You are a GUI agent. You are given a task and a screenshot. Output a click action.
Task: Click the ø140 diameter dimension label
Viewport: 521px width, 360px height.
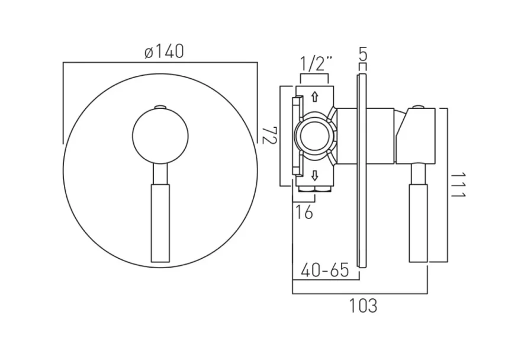click(163, 52)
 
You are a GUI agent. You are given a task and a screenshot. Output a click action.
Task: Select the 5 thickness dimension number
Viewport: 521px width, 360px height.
click(363, 55)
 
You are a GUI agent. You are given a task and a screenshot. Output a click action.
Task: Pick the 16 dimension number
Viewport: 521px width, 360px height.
click(304, 212)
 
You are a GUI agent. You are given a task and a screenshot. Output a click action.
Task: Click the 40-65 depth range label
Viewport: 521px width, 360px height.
click(324, 271)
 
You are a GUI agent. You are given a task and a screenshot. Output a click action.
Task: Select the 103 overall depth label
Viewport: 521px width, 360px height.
click(362, 306)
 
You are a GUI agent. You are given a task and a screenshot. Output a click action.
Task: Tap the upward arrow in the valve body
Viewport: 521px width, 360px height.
click(315, 96)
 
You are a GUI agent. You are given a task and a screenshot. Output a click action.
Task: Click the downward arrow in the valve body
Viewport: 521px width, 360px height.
click(315, 175)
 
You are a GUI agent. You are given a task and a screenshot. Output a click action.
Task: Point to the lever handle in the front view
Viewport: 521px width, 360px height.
click(160, 222)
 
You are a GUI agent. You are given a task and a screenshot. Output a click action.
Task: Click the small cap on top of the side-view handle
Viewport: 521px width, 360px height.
click(419, 107)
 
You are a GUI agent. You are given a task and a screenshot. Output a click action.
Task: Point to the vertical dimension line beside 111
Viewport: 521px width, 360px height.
click(448, 185)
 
